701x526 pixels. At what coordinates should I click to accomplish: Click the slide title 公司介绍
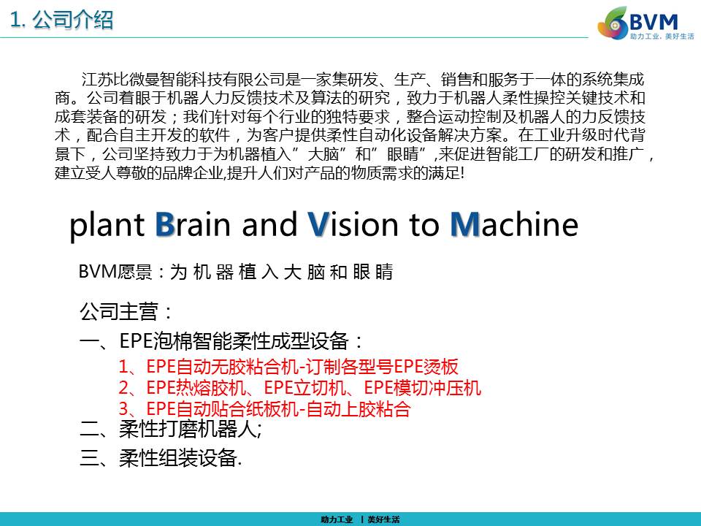73,20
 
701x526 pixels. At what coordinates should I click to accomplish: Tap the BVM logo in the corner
646,23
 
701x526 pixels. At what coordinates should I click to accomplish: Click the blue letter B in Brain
165,224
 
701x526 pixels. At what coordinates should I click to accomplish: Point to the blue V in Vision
318,224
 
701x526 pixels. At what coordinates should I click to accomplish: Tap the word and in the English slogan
269,224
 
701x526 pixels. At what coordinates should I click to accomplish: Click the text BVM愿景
115,272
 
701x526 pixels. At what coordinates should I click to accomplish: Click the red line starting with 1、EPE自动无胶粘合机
288,366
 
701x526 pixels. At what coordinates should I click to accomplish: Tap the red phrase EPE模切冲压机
423,387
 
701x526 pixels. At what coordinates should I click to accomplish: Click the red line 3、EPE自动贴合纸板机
264,408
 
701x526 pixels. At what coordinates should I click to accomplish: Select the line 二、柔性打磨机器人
170,429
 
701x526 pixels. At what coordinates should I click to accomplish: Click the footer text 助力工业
337,519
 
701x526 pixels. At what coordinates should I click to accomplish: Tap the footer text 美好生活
383,519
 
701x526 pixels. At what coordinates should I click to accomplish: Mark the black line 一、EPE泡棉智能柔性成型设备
221,341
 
